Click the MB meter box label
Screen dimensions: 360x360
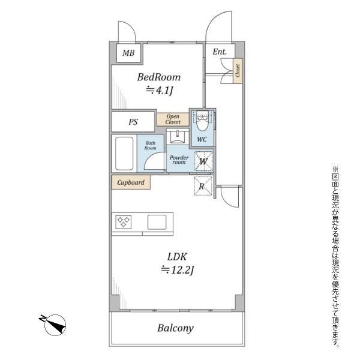point(128,53)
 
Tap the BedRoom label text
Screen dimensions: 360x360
point(158,77)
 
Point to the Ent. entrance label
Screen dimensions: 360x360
point(220,52)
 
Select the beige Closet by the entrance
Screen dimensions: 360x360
point(238,71)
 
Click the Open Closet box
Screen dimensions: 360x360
point(173,119)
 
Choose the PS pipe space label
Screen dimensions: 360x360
point(133,122)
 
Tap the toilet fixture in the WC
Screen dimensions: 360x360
point(202,121)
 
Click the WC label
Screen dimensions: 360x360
point(202,139)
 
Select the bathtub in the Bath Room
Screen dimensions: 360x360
point(124,154)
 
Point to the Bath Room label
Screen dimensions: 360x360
point(151,146)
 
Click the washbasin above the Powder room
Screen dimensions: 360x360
point(178,136)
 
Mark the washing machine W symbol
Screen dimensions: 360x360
point(203,161)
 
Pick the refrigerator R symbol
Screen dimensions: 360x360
point(202,186)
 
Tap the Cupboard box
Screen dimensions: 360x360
point(131,182)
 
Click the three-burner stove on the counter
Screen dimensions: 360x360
point(124,222)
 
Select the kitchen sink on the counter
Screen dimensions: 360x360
point(157,222)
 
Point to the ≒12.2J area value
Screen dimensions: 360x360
point(177,270)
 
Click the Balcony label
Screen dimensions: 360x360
point(175,328)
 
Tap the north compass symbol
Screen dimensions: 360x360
point(54,324)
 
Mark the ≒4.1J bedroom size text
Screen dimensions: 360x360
point(159,91)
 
